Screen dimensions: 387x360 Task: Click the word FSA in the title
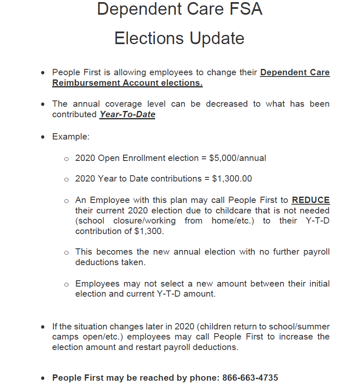pos(245,9)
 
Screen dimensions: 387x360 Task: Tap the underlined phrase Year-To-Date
pos(127,114)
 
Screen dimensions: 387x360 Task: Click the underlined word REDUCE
pos(310,200)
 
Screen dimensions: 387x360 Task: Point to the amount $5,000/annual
pos(238,158)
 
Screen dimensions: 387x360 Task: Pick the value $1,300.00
pos(232,179)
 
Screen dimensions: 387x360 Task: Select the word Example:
pos(71,137)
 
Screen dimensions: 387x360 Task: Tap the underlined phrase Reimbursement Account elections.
pos(127,83)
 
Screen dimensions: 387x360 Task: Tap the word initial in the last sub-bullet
pos(318,284)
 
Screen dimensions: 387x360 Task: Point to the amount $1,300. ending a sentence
pos(148,231)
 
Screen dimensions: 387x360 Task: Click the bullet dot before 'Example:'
pos(43,137)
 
